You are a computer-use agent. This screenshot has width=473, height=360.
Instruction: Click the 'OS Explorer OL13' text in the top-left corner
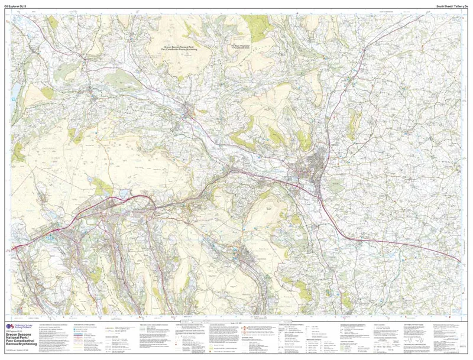pos(15,6)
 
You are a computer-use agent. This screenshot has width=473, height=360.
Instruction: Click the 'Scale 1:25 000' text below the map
pos(237,321)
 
